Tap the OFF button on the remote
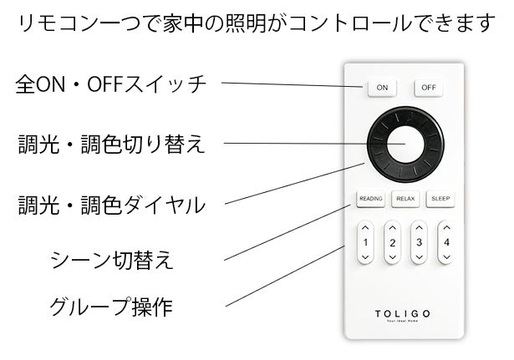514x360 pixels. [429, 88]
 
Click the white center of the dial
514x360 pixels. [405, 145]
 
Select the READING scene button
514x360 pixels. [371, 199]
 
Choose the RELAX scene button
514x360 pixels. [405, 199]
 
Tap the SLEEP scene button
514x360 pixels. [440, 199]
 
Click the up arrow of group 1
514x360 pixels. [365, 228]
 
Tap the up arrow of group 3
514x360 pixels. [420, 228]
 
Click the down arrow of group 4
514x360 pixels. [446, 257]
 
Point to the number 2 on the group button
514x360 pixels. [392, 243]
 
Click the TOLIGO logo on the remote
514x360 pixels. [402, 314]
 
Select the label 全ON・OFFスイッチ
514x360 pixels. [111, 84]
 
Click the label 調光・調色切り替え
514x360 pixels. [111, 145]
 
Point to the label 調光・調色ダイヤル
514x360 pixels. [111, 205]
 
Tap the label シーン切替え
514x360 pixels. [112, 260]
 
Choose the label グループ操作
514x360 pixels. [111, 307]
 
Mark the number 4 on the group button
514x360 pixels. [446, 242]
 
